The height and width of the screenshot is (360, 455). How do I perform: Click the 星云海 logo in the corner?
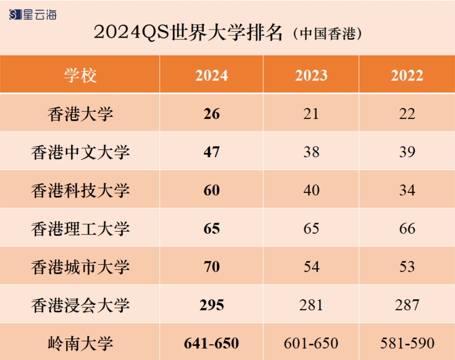(x=33, y=15)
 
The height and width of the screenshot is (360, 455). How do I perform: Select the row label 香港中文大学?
(x=80, y=152)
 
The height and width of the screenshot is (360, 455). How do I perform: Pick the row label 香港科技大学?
(x=80, y=190)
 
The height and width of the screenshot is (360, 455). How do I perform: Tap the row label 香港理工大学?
(x=80, y=229)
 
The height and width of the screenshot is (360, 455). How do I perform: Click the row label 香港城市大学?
(x=80, y=267)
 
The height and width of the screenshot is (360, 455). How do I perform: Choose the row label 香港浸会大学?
(x=80, y=305)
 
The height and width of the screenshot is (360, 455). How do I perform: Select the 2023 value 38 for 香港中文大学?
(x=311, y=152)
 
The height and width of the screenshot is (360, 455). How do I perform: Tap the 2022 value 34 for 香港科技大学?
(x=407, y=190)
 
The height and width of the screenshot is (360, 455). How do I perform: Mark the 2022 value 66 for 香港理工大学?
(x=407, y=229)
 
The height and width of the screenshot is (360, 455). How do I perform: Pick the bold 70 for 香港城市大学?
(x=212, y=267)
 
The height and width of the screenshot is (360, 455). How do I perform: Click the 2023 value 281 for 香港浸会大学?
(x=311, y=305)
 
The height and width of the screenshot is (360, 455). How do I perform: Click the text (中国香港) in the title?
(x=327, y=34)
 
